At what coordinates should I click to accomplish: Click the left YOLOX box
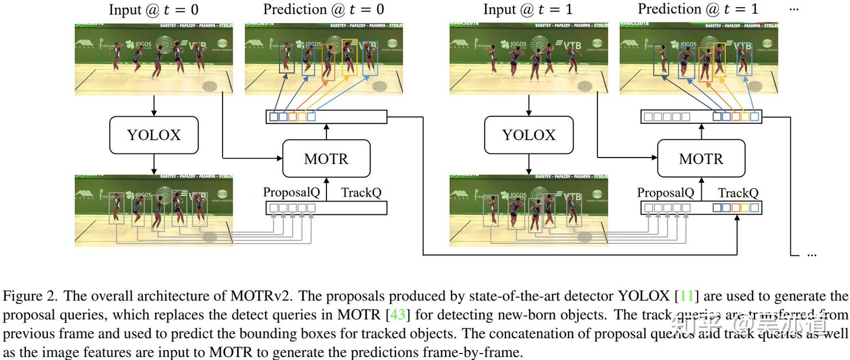tap(153, 135)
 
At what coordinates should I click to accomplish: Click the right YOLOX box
tap(528, 135)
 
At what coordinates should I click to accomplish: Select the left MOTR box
tap(326, 159)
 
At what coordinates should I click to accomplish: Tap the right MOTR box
tap(701, 159)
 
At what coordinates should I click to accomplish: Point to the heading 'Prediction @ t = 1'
tap(698, 9)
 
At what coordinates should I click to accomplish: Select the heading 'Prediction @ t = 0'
tap(323, 9)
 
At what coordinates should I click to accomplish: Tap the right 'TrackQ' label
tap(738, 192)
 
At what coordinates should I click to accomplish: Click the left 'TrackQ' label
tap(361, 192)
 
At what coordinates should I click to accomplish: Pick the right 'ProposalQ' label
tap(666, 192)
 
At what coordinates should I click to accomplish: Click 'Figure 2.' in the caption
tap(29, 295)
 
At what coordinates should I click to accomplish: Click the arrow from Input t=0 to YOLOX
tap(153, 105)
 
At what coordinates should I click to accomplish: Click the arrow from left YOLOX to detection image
tap(153, 163)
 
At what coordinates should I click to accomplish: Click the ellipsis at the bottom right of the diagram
tap(811, 254)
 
